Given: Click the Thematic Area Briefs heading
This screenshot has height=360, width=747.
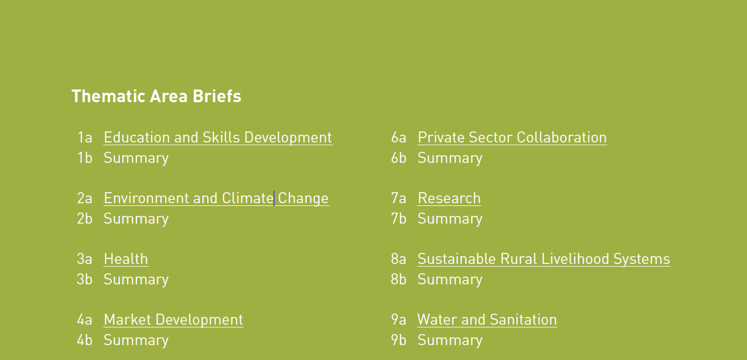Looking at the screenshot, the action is pyautogui.click(x=156, y=96).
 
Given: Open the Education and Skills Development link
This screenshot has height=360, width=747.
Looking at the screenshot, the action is pyautogui.click(x=218, y=137).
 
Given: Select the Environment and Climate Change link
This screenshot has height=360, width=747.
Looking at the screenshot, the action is pyautogui.click(x=216, y=198).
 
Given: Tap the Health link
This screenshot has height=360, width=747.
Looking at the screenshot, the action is pyautogui.click(x=126, y=259).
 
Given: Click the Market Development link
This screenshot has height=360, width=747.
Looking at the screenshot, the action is pyautogui.click(x=173, y=320).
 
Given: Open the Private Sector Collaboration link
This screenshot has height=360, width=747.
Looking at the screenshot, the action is pyautogui.click(x=512, y=137).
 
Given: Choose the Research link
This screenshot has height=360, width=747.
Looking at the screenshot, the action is pyautogui.click(x=449, y=198).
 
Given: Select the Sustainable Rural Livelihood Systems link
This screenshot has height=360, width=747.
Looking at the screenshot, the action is pyautogui.click(x=544, y=259).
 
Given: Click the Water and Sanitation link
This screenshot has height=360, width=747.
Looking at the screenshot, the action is pyautogui.click(x=487, y=320).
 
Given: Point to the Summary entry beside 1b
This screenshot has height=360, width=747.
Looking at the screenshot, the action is pyautogui.click(x=136, y=158).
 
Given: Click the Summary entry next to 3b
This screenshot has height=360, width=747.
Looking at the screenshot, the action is pyautogui.click(x=136, y=279).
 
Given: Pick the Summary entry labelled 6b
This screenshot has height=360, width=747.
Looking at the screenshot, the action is pyautogui.click(x=450, y=158).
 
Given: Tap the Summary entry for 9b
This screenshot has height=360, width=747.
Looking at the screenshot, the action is pyautogui.click(x=450, y=340).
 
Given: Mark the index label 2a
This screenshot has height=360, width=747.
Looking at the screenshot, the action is pyautogui.click(x=85, y=198).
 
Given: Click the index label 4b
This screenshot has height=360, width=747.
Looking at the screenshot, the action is pyautogui.click(x=85, y=340).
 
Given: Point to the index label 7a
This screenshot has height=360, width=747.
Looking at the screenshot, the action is pyautogui.click(x=398, y=198).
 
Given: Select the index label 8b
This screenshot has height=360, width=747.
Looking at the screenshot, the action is pyautogui.click(x=398, y=279).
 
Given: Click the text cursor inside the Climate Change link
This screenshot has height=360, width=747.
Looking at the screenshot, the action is pyautogui.click(x=274, y=198).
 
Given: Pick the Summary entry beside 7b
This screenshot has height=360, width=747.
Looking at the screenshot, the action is pyautogui.click(x=450, y=219).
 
